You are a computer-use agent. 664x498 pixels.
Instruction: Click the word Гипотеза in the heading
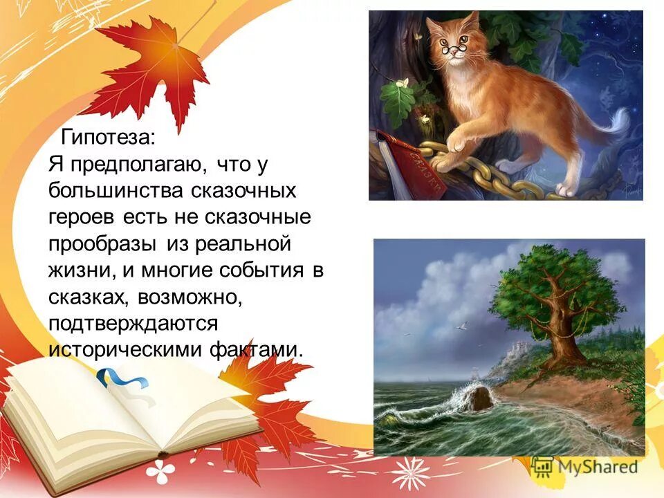(108, 137)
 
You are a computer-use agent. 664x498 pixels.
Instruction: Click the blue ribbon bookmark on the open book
(122, 378)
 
